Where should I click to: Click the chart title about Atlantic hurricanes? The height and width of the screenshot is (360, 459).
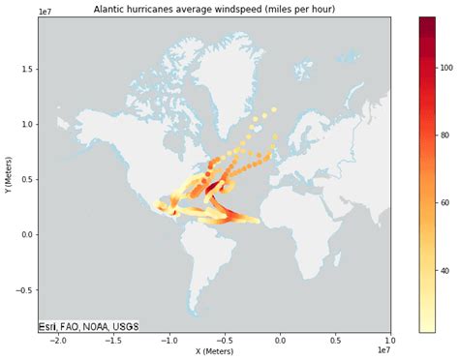(x=214, y=9)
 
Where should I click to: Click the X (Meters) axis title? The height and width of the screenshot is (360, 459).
(x=214, y=351)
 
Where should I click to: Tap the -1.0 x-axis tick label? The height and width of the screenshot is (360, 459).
(x=168, y=341)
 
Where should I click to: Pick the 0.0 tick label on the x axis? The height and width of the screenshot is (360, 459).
(x=281, y=341)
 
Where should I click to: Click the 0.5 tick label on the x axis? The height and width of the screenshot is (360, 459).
(x=336, y=341)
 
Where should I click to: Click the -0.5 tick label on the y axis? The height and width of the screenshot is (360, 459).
(x=24, y=289)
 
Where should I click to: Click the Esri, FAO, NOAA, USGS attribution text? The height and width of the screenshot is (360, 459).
(x=87, y=327)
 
